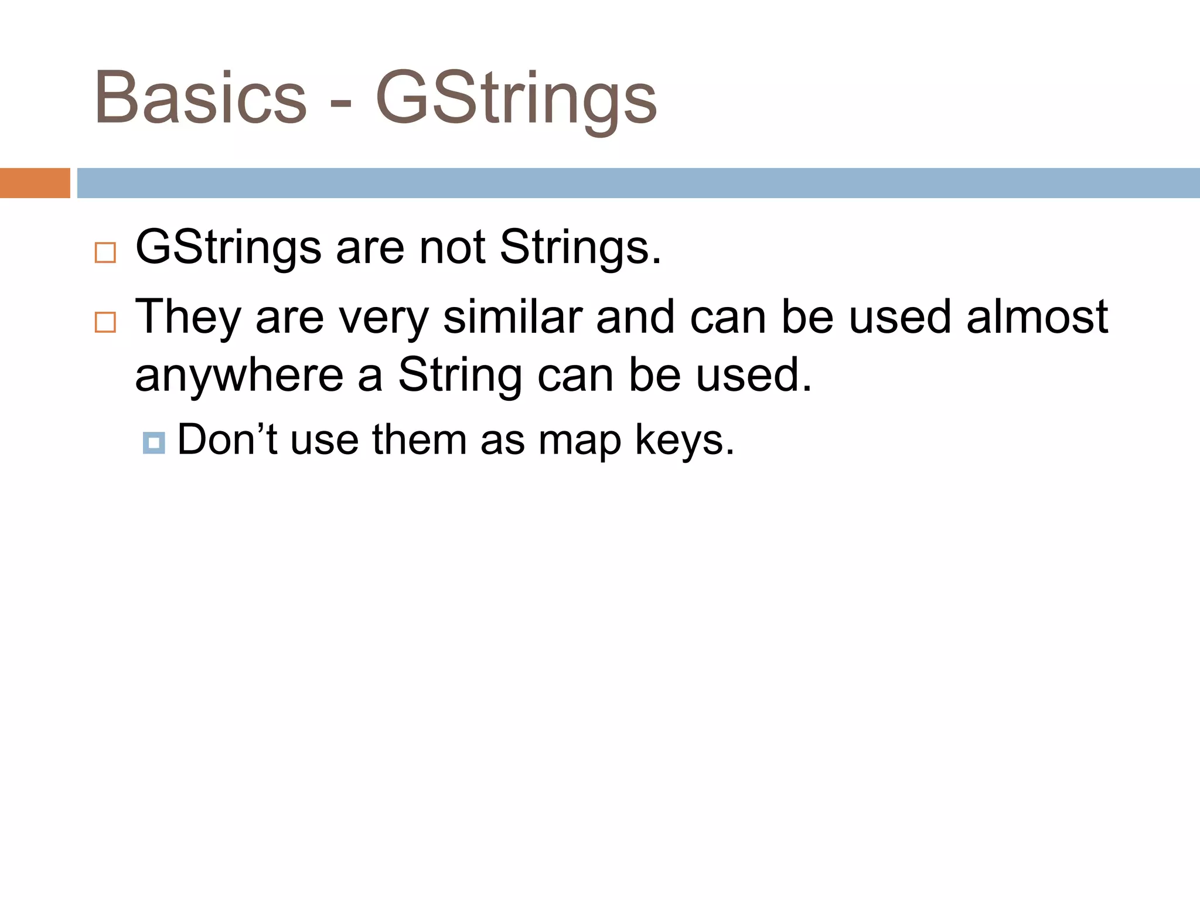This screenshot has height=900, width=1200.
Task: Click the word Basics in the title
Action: click(x=200, y=98)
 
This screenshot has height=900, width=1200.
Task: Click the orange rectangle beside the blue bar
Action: click(x=35, y=183)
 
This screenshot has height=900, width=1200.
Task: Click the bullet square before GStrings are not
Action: click(x=105, y=253)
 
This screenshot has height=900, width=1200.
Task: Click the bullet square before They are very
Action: click(x=105, y=322)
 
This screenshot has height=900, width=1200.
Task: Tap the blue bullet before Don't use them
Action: click(x=154, y=443)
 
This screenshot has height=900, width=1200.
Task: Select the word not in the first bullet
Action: click(x=452, y=247)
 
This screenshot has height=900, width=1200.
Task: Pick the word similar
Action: click(x=512, y=317)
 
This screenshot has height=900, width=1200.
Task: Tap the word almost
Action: click(x=1037, y=317)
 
